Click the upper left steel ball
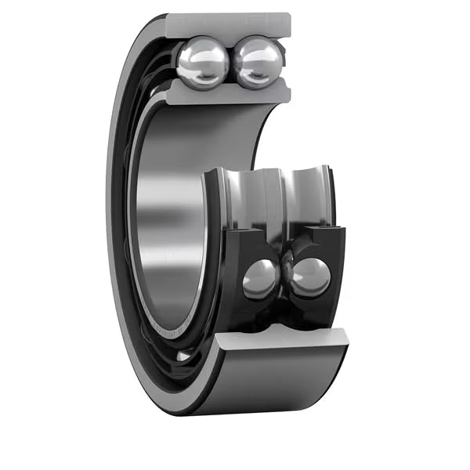click(202, 63)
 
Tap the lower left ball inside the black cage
click(259, 278)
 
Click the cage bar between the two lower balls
click(286, 270)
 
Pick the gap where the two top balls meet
click(231, 63)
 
